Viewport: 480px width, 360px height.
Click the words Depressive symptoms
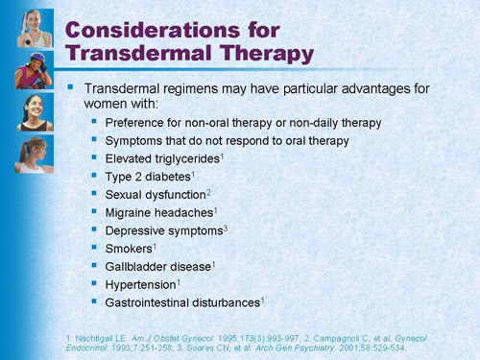pyautogui.click(x=161, y=230)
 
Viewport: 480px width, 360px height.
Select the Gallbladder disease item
pyautogui.click(x=156, y=267)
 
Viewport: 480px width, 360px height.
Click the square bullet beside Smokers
pyautogui.click(x=93, y=248)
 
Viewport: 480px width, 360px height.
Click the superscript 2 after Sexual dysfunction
pyautogui.click(x=212, y=191)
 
